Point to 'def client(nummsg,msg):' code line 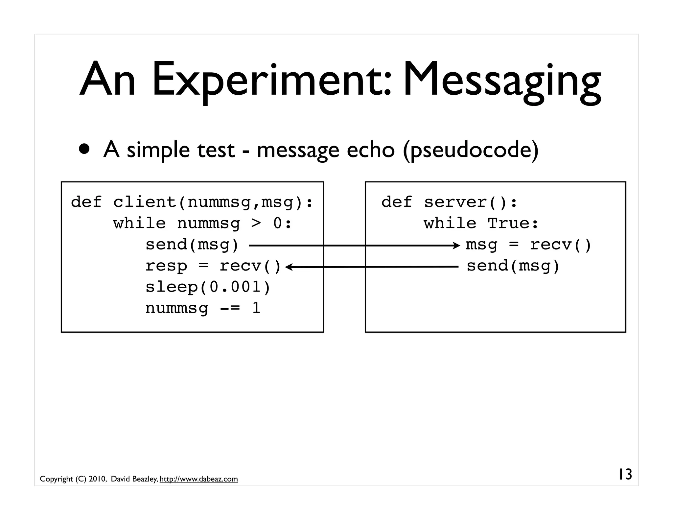point(192,202)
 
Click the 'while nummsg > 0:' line point(202,224)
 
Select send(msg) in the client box point(192,245)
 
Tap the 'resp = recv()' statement point(213,266)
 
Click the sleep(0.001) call point(208,287)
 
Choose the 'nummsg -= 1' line point(203,308)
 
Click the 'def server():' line point(449,202)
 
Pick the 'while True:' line point(481,224)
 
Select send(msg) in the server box point(513,266)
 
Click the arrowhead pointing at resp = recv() point(288,267)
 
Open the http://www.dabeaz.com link point(198,479)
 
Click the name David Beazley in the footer point(134,479)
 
